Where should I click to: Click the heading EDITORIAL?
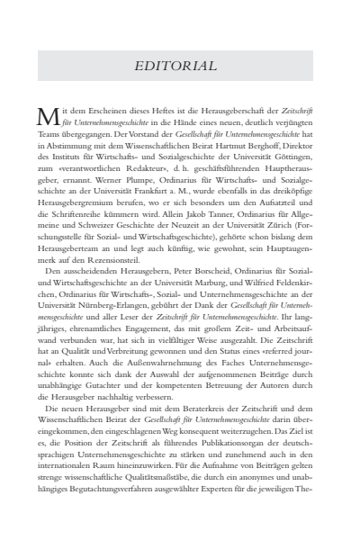click(x=180, y=67)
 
